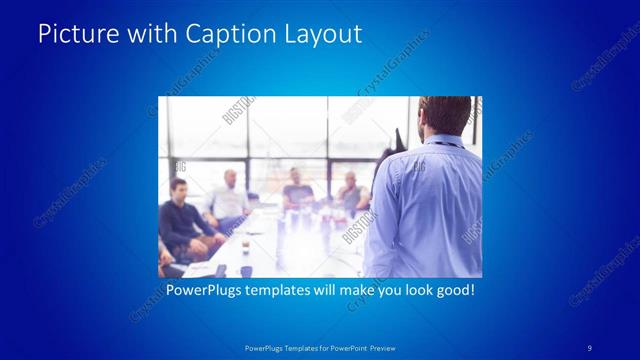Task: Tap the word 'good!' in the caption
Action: pos(453,291)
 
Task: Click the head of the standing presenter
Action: pos(444,115)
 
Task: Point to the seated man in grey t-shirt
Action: pos(297,192)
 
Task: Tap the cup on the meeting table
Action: pos(245,269)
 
